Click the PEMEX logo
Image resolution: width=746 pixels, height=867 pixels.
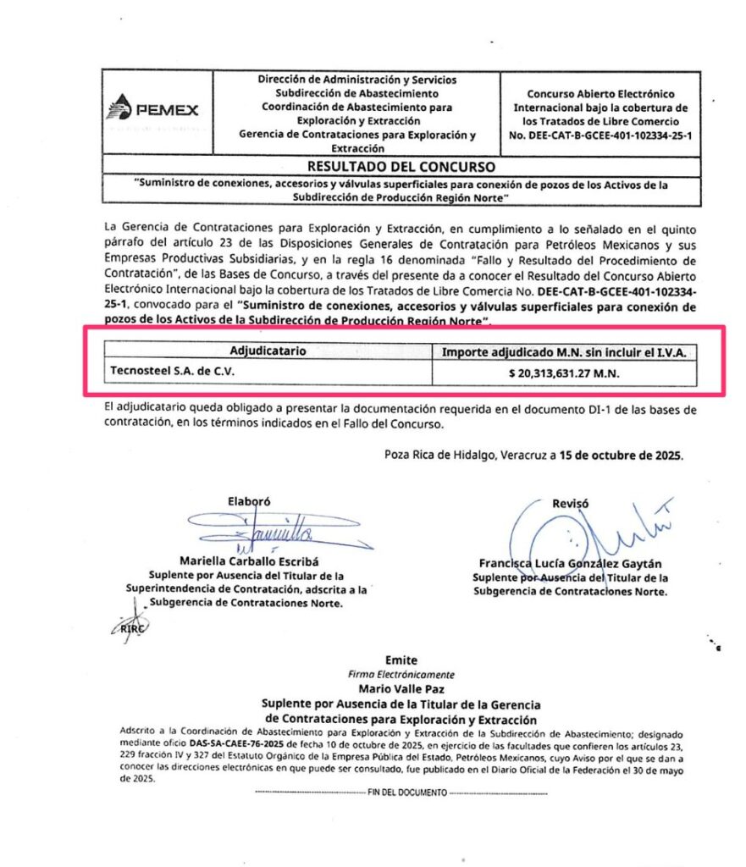tap(153, 111)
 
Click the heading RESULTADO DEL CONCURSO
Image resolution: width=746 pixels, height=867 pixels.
tap(401, 167)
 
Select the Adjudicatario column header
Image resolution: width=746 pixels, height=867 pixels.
tap(268, 350)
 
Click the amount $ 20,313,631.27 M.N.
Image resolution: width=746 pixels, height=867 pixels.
tap(564, 371)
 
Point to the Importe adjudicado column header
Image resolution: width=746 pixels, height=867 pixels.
tap(564, 350)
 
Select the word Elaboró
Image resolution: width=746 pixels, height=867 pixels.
tap(248, 500)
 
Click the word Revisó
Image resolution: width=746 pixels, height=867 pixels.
tap(570, 503)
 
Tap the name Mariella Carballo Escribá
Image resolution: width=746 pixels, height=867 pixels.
tap(246, 561)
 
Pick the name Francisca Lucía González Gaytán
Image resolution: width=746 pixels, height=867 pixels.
tap(570, 564)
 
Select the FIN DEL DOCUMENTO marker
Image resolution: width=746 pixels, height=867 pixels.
tap(401, 792)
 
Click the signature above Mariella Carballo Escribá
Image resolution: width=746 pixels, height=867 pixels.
tap(254, 531)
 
